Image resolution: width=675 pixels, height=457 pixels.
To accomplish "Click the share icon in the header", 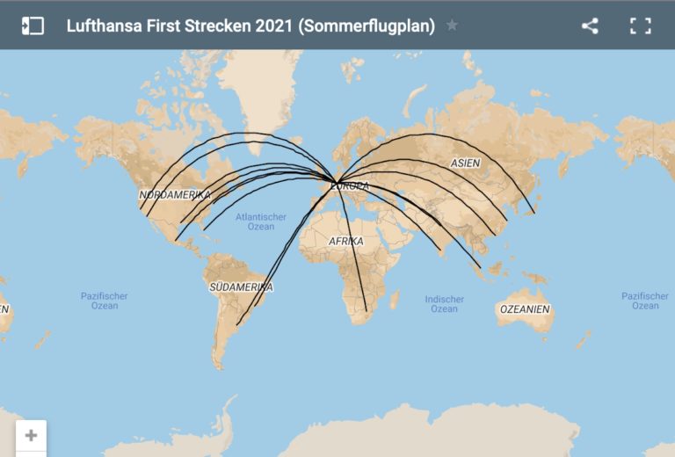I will coord(590,25).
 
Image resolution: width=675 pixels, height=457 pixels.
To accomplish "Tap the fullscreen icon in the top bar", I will coord(640,25).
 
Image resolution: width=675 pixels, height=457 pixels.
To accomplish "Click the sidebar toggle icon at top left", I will coord(33,25).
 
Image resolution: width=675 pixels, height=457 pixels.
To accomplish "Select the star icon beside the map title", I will coord(452,25).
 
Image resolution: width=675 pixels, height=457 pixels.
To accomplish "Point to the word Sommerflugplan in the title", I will coord(367,25).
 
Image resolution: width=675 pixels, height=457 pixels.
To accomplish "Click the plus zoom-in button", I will coord(32,435).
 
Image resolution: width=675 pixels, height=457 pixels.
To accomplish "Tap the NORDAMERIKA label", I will coord(175,194).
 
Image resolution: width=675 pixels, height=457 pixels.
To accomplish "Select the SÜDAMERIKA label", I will coord(241,287).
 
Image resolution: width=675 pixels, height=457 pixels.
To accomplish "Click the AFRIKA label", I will coord(345,241).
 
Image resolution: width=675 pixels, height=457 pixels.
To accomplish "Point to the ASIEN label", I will coord(466,163).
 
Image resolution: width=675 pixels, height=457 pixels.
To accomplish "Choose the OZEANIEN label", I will coord(525,309).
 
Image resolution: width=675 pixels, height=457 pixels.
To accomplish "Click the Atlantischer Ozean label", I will coord(261,221).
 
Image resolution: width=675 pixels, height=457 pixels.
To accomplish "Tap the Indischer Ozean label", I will coord(444,304).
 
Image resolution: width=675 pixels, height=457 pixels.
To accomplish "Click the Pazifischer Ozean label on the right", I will coord(644,301).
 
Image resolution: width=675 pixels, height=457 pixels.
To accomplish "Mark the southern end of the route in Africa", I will coord(366,310).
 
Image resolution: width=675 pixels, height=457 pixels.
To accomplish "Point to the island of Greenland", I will coord(264,97).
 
